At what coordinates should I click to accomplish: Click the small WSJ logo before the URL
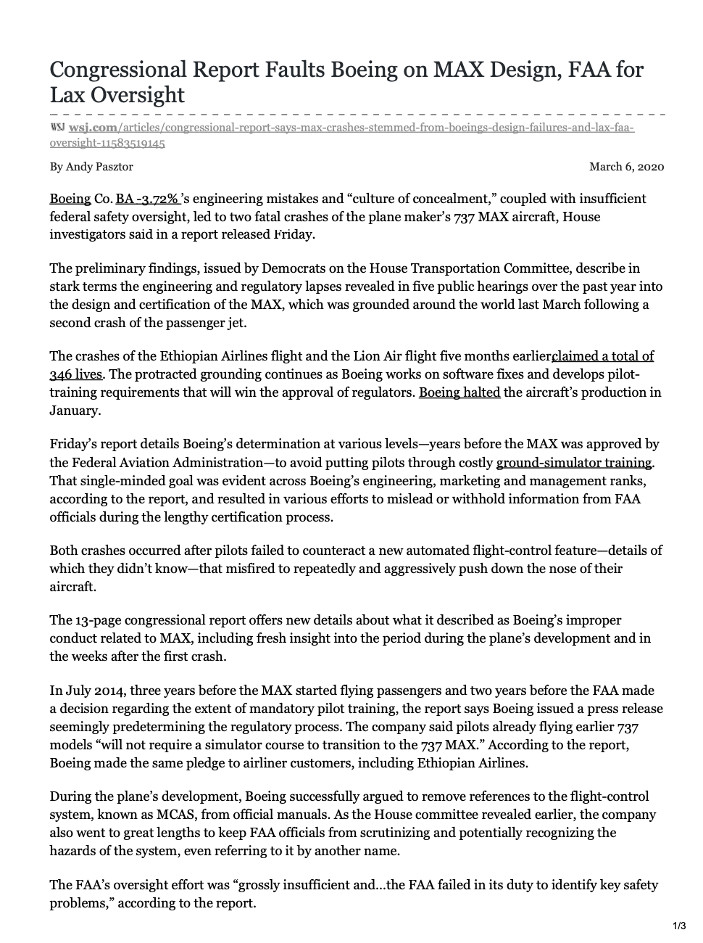(x=57, y=128)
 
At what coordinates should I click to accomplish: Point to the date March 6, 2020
(x=626, y=167)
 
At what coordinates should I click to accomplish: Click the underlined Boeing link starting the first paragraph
(x=70, y=199)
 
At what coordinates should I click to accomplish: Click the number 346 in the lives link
(x=62, y=374)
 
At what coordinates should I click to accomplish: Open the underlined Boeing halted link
(x=459, y=392)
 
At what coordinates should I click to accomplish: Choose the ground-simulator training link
(x=573, y=462)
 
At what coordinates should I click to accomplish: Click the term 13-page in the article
(x=95, y=620)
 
